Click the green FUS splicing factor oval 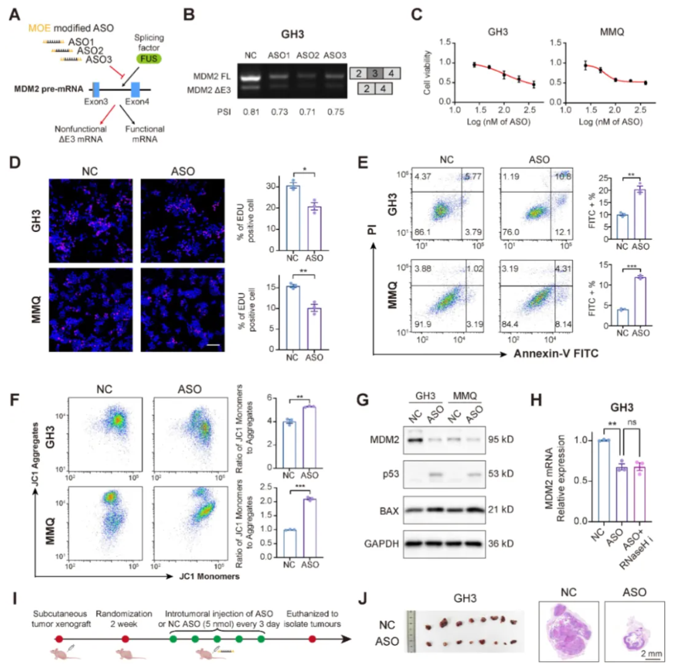point(149,59)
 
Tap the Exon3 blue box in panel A point(96,89)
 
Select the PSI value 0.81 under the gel point(251,112)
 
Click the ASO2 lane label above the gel point(308,55)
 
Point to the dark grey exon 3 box point(375,73)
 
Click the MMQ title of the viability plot point(611,32)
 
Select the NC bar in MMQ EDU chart point(293,317)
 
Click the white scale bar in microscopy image point(213,345)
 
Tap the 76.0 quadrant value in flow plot point(510,232)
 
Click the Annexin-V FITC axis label point(556,353)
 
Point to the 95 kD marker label point(501,439)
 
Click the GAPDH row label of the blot point(381,544)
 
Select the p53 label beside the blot point(390,474)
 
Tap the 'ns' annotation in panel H point(632,422)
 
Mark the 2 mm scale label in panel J point(651,653)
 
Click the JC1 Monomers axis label point(209,576)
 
